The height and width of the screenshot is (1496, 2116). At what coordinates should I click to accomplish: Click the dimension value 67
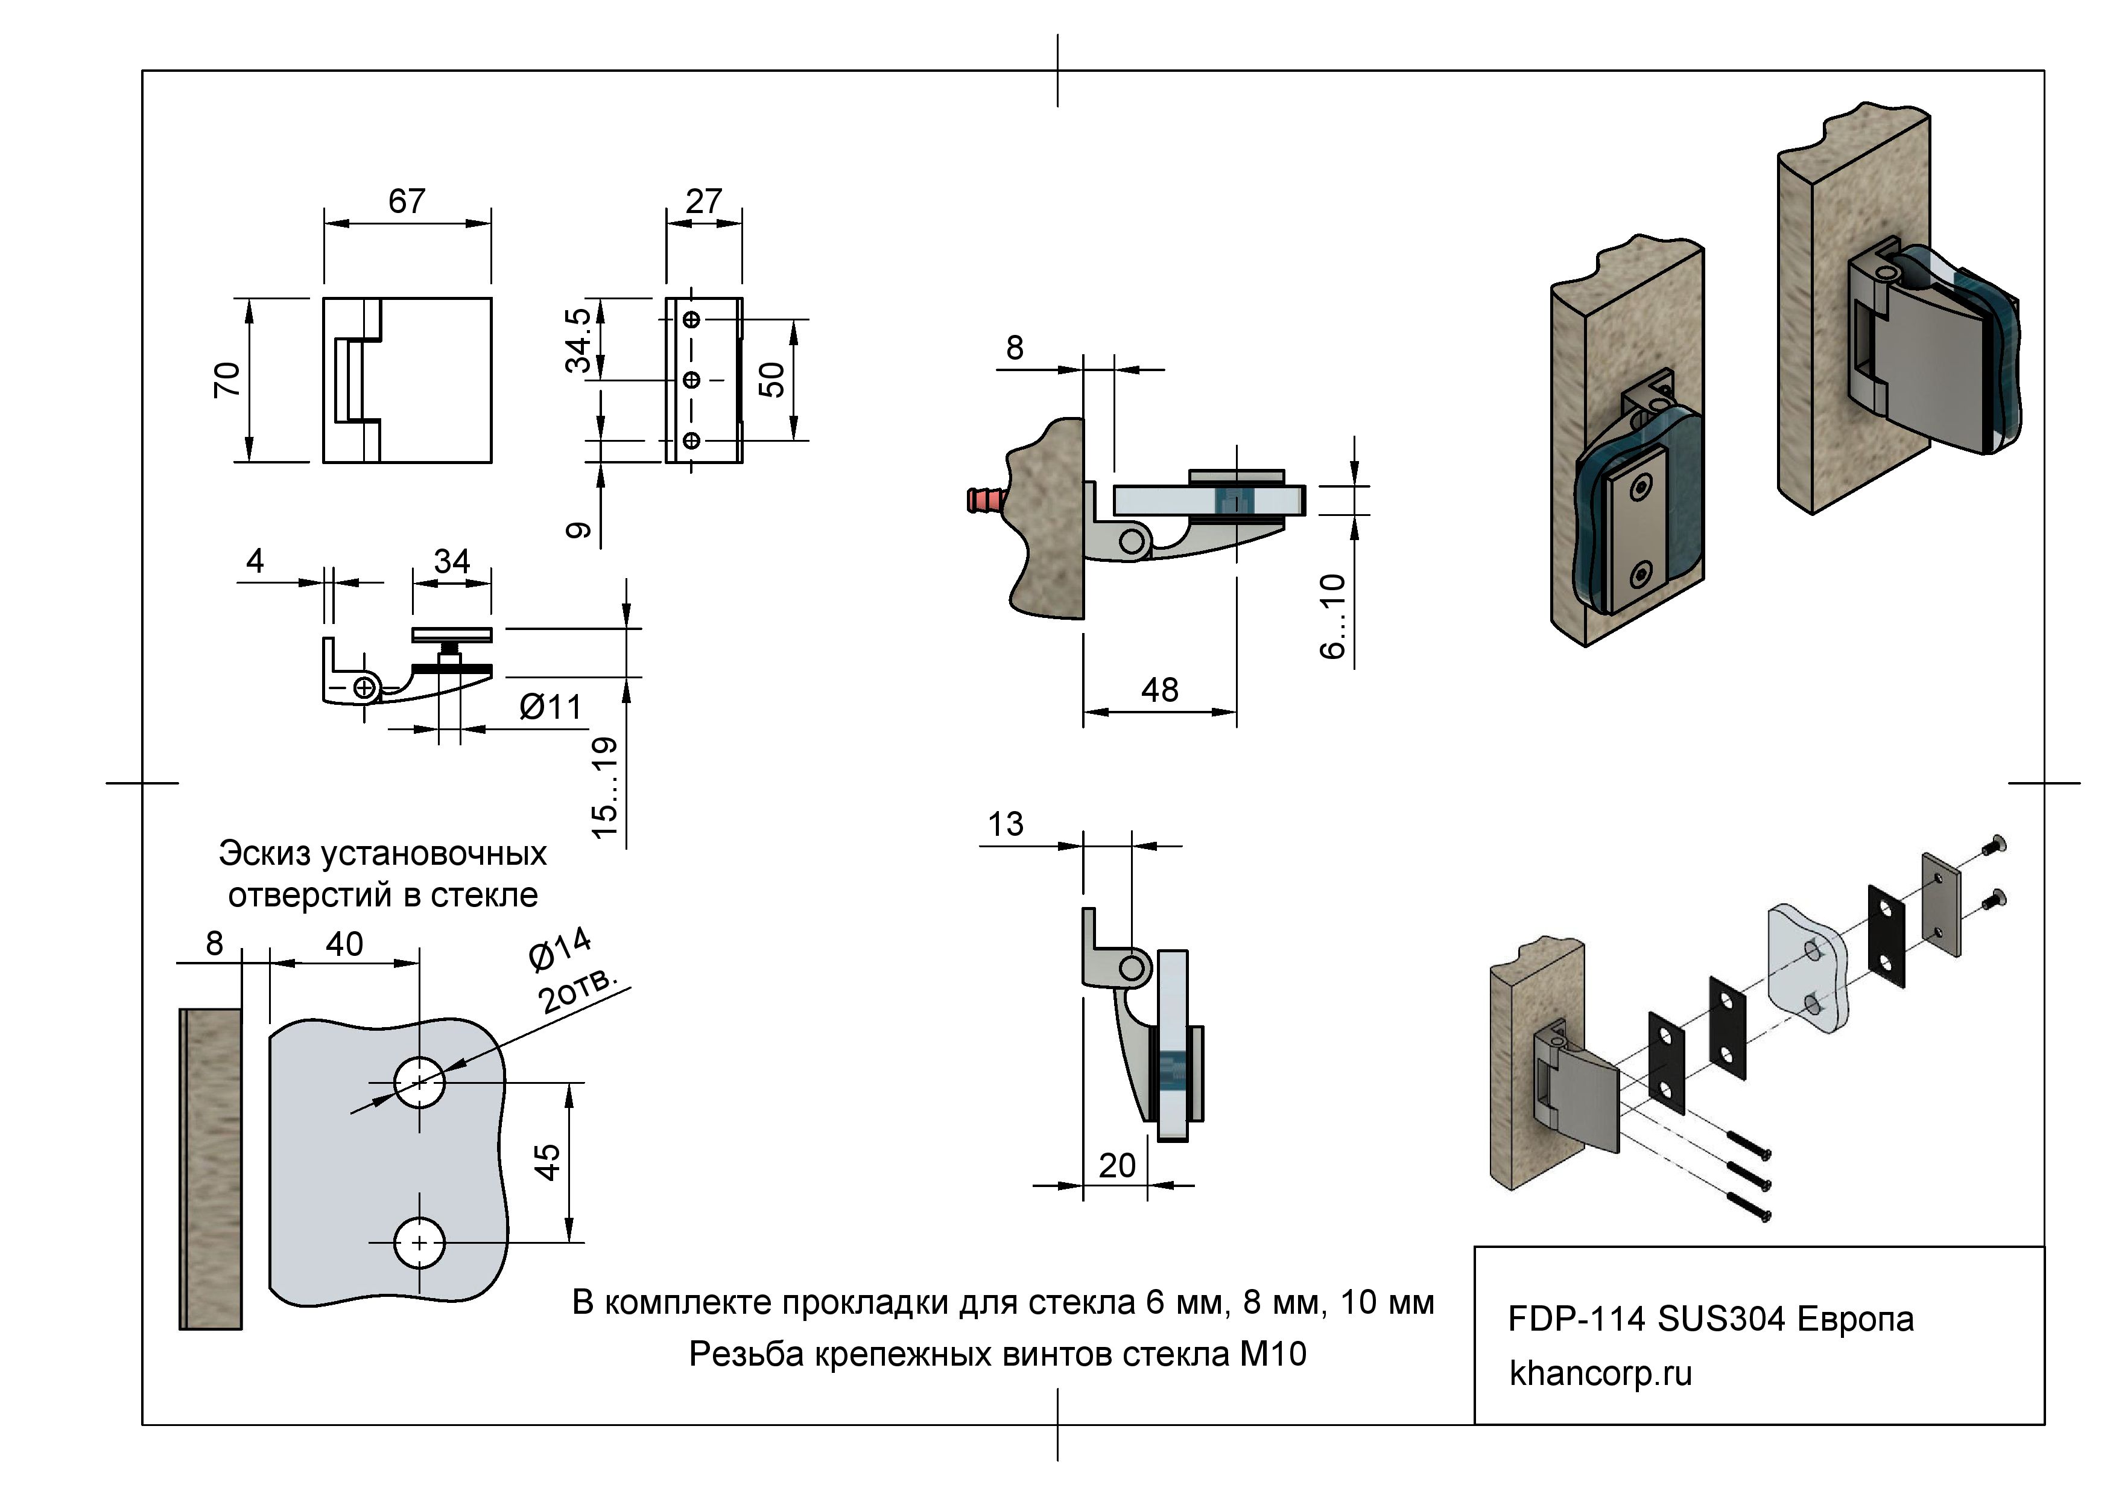[x=407, y=201]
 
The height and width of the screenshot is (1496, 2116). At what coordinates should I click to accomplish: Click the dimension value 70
[x=227, y=380]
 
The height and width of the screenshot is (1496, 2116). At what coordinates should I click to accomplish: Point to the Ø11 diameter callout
[x=550, y=707]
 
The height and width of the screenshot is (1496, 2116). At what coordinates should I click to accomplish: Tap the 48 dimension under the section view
[x=1159, y=690]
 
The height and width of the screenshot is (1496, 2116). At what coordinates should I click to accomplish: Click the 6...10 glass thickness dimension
[x=1332, y=616]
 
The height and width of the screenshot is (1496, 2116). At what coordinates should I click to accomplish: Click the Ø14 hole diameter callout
[x=559, y=949]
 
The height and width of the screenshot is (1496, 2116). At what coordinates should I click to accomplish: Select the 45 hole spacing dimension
[x=548, y=1162]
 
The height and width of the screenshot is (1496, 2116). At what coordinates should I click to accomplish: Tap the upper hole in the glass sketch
[x=419, y=1082]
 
